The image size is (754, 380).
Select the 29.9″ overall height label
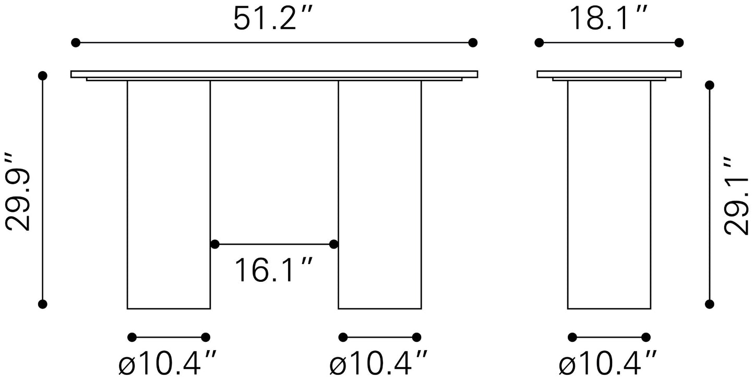coord(18,192)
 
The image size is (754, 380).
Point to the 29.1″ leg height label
coord(736,195)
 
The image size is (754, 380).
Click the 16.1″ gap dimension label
coord(273,270)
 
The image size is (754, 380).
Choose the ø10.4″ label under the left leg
coord(167,363)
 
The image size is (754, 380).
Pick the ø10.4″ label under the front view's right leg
coord(378,363)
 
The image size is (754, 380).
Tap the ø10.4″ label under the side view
coord(607,363)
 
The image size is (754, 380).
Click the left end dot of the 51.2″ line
coord(76,43)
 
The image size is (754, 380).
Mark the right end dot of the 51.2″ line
coord(473,43)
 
